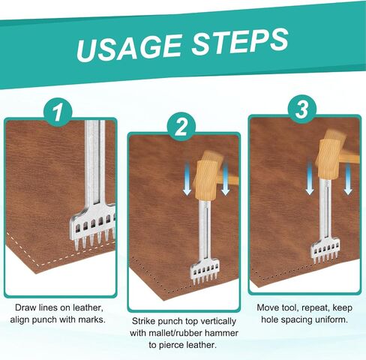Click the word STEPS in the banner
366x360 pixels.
[x=239, y=41]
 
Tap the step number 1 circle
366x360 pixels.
[x=58, y=112]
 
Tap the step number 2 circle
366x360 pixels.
[x=181, y=127]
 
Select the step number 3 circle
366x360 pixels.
[x=302, y=109]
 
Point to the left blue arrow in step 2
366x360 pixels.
[x=187, y=178]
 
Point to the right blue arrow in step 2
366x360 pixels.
[x=225, y=178]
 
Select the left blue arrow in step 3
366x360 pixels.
[x=310, y=178]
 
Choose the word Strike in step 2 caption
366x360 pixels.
[x=144, y=321]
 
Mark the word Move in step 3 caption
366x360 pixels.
[x=268, y=307]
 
